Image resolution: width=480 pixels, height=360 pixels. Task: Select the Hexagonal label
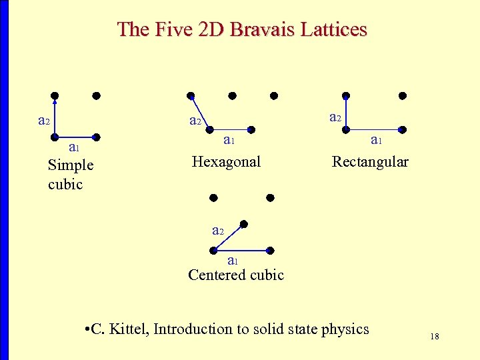click(x=226, y=161)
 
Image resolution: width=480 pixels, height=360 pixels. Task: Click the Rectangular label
click(x=370, y=162)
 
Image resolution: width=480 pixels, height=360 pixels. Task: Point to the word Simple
click(x=71, y=165)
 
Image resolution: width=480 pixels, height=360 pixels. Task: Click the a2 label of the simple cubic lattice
click(x=43, y=121)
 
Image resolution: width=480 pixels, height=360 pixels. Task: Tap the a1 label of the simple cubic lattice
click(x=74, y=148)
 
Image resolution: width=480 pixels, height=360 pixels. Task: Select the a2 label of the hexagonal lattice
click(x=195, y=121)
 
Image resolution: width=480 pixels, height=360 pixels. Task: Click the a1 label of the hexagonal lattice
click(x=228, y=140)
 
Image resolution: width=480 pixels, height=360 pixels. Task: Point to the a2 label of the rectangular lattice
click(x=335, y=117)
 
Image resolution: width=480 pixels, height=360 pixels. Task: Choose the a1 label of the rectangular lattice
click(x=376, y=140)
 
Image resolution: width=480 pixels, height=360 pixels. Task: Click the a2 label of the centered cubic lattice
click(x=217, y=231)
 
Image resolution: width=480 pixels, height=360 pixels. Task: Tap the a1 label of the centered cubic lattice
click(x=233, y=260)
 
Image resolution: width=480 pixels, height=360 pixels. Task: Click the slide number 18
click(x=435, y=337)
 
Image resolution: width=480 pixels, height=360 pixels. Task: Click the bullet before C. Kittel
click(x=89, y=329)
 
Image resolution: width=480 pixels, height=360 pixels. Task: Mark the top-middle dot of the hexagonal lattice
click(x=232, y=95)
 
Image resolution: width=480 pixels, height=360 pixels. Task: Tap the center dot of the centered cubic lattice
click(x=243, y=224)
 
